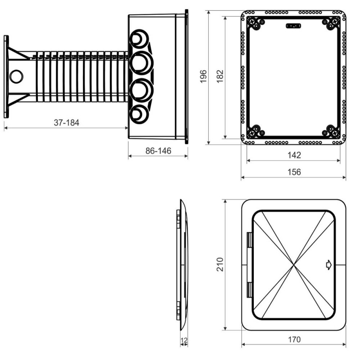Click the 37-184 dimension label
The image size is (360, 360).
(x=66, y=122)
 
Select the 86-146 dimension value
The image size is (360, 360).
(x=158, y=151)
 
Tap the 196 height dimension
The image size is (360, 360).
(x=203, y=76)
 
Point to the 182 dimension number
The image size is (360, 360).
(x=220, y=76)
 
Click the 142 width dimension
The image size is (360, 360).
(x=294, y=155)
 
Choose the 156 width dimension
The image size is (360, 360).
(x=294, y=172)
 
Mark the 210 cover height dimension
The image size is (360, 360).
(x=220, y=265)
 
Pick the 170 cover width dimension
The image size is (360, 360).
(x=294, y=339)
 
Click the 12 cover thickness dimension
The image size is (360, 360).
(x=184, y=340)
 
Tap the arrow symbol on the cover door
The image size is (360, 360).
(x=329, y=265)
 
